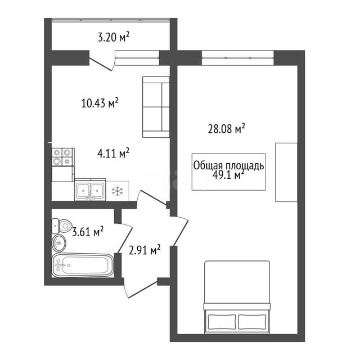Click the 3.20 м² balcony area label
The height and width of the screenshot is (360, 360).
114,37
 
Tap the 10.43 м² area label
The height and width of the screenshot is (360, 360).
100,103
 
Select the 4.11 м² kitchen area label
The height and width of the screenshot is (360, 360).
113,153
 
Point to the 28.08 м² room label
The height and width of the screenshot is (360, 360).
226,129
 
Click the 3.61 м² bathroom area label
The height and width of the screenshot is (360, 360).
88,232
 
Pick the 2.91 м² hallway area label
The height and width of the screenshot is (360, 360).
145,250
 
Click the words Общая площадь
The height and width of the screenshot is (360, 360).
228,166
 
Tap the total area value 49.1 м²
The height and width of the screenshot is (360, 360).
228,175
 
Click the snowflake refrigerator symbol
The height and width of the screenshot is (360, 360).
118,191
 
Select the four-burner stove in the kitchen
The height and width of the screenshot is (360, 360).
63,157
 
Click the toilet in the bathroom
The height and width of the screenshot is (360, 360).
61,226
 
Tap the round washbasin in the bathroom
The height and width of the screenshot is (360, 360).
59,243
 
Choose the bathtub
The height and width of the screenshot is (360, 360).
83,265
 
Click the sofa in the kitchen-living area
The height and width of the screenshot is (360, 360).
156,107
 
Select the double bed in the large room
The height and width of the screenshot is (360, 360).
237,297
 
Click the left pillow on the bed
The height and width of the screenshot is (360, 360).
222,322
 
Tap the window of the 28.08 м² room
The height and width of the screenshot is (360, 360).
238,57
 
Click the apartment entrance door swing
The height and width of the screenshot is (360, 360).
141,288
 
